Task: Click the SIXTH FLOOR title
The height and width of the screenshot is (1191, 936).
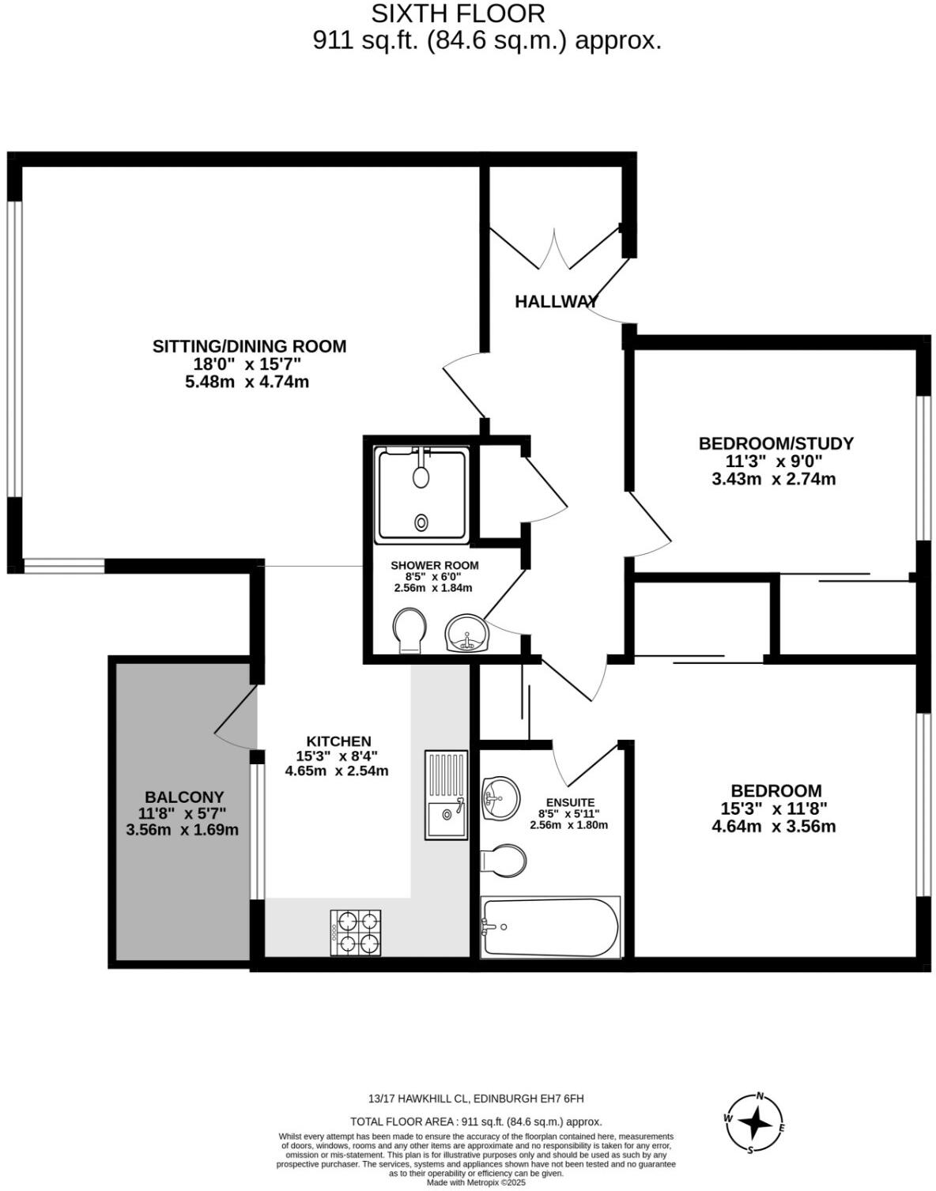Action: tap(458, 13)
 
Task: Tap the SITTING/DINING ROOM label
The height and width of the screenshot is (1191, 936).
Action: tap(249, 346)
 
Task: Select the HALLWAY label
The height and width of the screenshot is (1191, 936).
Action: tap(556, 301)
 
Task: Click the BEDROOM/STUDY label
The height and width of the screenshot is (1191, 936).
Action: tap(776, 443)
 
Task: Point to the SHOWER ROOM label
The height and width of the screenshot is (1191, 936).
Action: tap(434, 566)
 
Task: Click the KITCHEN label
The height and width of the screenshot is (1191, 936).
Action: tap(338, 741)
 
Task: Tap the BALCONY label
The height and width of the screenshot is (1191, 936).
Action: tap(184, 797)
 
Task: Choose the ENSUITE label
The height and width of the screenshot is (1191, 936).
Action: tap(569, 802)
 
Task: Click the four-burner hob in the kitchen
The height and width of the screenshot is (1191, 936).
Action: tap(356, 933)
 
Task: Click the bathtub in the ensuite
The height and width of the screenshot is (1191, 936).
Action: tap(550, 926)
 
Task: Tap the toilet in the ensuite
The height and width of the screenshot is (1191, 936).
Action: tap(504, 860)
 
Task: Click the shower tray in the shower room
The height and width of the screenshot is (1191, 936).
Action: tap(421, 495)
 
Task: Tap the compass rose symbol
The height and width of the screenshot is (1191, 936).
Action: tap(756, 1123)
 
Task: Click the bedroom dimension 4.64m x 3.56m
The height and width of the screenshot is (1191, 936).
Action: tap(773, 827)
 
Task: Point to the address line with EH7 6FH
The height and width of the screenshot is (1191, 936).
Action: tap(476, 1099)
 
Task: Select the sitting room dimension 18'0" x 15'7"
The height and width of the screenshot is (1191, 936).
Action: tap(248, 364)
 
